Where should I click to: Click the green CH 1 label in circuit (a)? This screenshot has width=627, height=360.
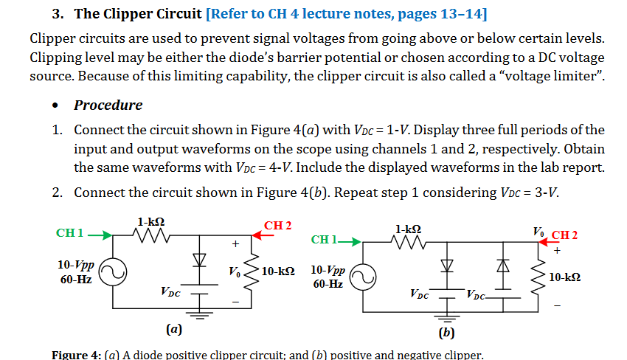point(70,234)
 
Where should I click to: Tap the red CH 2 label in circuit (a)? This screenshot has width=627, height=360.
point(278,224)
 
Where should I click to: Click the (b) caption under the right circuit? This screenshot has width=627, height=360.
point(447,333)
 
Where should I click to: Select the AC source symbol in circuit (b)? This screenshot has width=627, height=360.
point(362,276)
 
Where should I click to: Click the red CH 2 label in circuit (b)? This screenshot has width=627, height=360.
point(564,235)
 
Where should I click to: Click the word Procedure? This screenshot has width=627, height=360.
point(108,105)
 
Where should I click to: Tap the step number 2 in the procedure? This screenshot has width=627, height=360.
point(57,193)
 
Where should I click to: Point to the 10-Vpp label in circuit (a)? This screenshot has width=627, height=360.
point(75,265)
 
